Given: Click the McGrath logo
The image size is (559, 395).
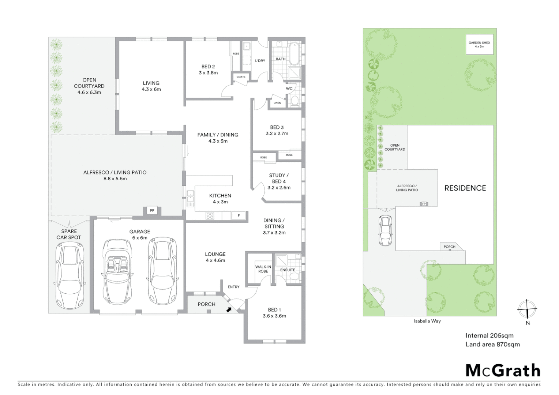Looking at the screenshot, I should point(503,370).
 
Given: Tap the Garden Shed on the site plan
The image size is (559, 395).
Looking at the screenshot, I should point(479,45).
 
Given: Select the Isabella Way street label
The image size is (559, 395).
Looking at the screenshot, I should point(427,321).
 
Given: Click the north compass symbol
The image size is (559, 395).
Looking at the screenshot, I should point(526,309).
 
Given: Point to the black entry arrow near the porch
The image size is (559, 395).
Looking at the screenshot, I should point(229,310).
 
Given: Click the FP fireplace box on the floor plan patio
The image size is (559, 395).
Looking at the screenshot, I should point(152,211).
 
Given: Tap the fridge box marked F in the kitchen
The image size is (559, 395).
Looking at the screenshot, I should point(239,216).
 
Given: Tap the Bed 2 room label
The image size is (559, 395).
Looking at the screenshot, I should point(208,69).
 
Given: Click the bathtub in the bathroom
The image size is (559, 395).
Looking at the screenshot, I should point(294,53).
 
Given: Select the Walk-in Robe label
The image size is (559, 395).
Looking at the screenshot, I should point(263,269).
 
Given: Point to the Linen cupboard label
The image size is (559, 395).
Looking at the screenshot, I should point(277,103).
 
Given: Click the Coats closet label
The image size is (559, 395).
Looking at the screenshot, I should point(241,77).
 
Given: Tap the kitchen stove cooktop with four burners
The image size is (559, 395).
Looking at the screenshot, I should point(210,216).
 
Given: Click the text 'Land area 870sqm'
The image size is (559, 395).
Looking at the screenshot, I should point(492,344).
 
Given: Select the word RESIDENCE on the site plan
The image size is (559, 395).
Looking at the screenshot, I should point(465,188).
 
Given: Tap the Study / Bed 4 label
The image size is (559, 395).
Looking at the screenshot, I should point(279,181).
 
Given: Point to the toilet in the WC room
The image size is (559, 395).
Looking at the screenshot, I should point(295,101).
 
